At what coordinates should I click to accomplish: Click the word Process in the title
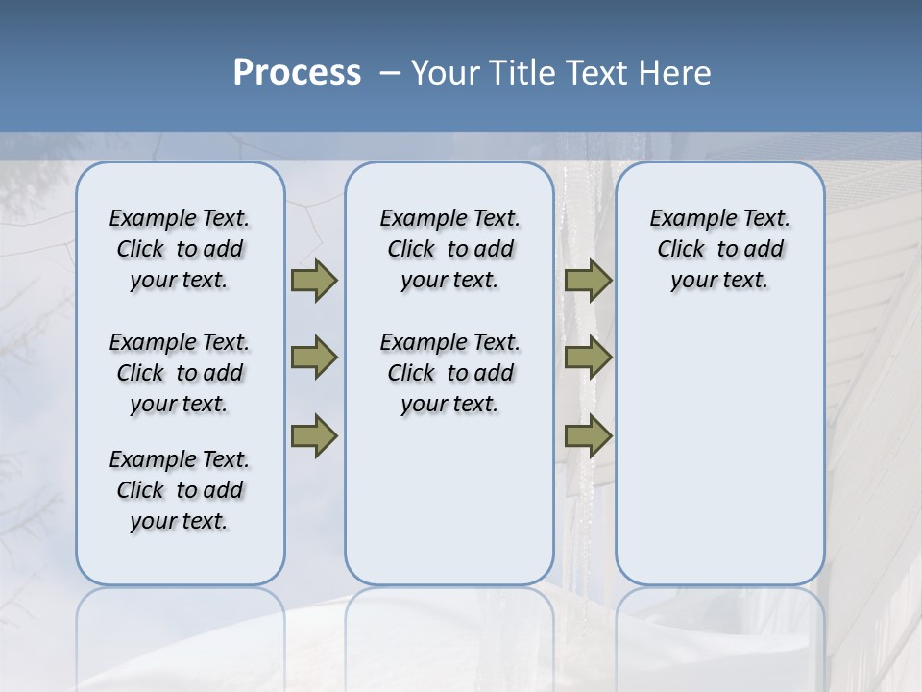click(297, 73)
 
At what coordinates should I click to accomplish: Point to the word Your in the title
click(445, 73)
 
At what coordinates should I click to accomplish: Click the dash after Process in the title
click(390, 73)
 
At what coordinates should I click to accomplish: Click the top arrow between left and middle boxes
click(314, 281)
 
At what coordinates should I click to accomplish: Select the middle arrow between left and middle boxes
click(314, 358)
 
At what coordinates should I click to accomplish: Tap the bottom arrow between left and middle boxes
click(314, 436)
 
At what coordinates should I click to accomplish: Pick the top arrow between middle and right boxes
click(588, 281)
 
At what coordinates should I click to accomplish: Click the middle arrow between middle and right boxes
click(588, 358)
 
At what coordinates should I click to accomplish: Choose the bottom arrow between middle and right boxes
click(588, 436)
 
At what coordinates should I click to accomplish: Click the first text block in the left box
click(180, 249)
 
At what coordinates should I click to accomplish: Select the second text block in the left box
click(180, 373)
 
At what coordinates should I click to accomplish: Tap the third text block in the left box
click(180, 490)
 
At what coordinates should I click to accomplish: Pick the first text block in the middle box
click(449, 249)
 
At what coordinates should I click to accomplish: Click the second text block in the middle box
click(449, 373)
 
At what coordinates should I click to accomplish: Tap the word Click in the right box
click(681, 250)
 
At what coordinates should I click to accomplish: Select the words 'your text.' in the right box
click(719, 281)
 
